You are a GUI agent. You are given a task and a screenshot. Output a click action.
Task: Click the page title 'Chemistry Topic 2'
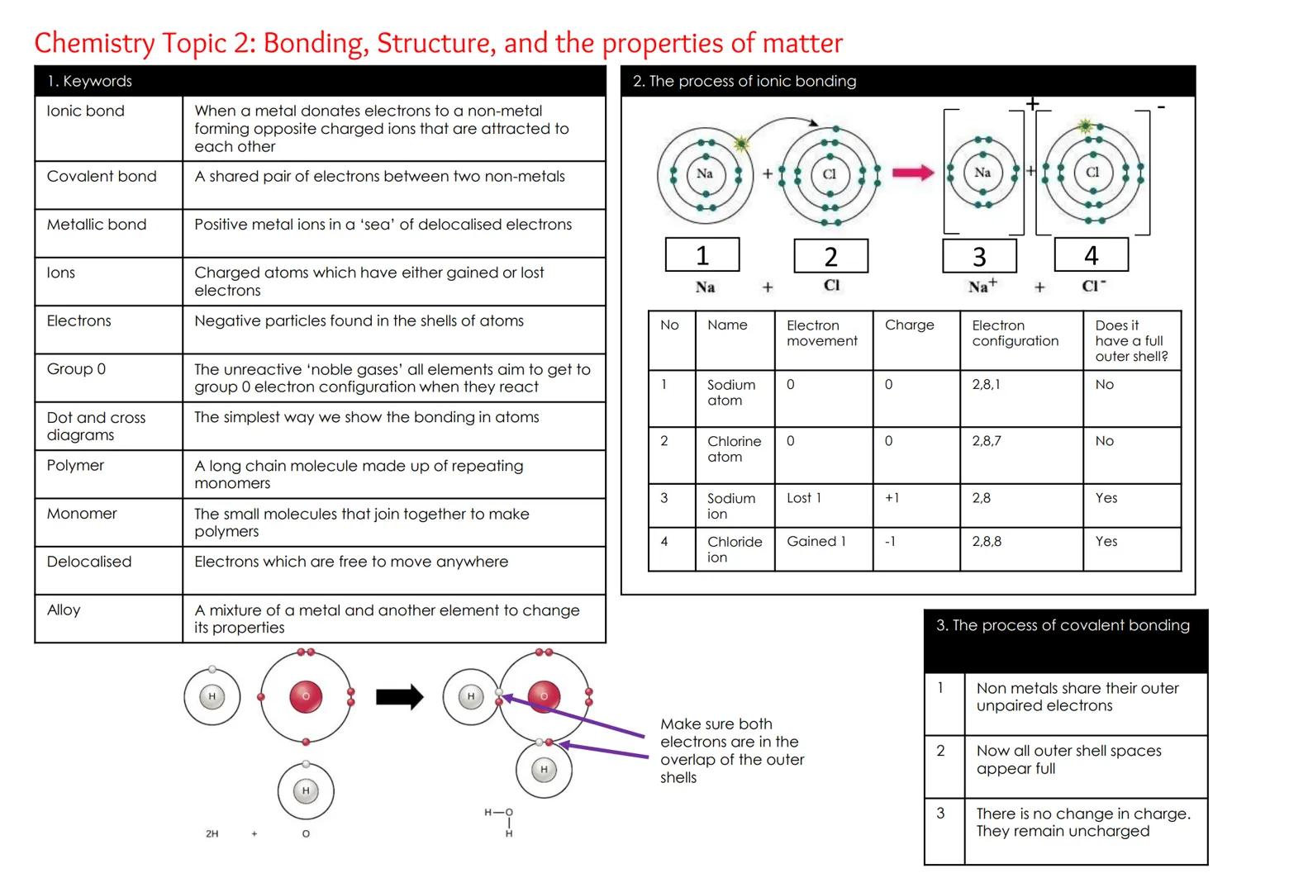(438, 43)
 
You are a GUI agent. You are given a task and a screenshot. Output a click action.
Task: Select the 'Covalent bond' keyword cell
(102, 177)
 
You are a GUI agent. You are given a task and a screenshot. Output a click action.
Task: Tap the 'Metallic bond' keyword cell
(97, 225)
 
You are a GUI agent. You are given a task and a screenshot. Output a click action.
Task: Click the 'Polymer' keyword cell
(75, 466)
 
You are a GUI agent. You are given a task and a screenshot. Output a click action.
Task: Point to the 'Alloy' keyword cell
(64, 610)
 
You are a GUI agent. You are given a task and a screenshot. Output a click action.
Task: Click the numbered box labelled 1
(702, 255)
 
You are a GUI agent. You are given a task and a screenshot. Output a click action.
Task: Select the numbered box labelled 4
(1091, 255)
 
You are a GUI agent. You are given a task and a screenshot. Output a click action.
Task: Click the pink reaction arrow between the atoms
(913, 173)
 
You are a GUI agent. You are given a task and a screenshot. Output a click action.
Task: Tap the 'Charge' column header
(909, 325)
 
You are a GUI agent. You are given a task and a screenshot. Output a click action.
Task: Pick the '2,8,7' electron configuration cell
(987, 441)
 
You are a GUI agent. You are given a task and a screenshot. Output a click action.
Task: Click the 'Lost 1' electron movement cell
(804, 498)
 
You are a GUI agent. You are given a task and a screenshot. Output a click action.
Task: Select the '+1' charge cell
(892, 498)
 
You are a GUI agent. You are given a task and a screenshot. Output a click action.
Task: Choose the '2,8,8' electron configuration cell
(987, 542)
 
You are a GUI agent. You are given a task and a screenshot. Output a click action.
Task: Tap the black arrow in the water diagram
(399, 697)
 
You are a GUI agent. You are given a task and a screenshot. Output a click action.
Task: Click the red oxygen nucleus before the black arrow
(306, 697)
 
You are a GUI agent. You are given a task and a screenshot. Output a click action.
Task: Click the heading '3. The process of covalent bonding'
(1063, 626)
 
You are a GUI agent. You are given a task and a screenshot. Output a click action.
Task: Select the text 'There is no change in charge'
(1082, 814)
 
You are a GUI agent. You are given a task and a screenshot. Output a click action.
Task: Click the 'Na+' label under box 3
(982, 286)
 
